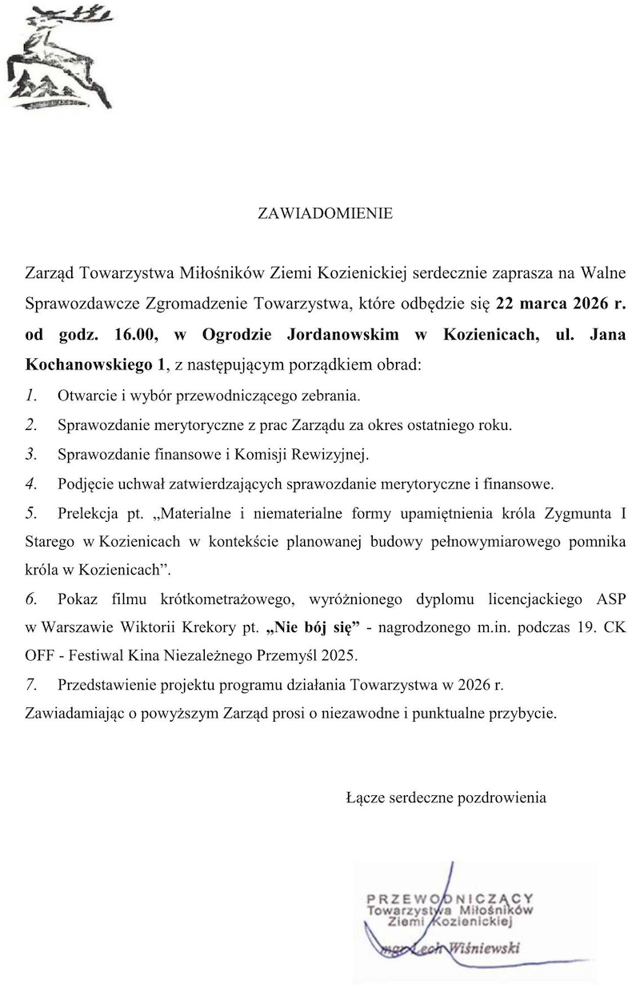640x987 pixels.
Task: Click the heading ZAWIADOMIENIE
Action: click(x=325, y=213)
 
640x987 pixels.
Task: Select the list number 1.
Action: click(x=30, y=395)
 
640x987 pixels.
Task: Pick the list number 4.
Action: click(x=30, y=484)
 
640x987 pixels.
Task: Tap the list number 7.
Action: click(x=30, y=685)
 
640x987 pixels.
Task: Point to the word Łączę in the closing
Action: click(x=366, y=797)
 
